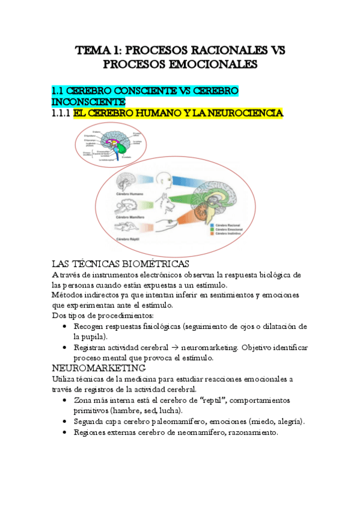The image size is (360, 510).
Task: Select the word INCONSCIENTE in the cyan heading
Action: tap(89, 102)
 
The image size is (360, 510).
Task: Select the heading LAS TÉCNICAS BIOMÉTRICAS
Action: tap(121, 264)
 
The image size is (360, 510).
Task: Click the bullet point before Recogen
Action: tap(65, 327)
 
